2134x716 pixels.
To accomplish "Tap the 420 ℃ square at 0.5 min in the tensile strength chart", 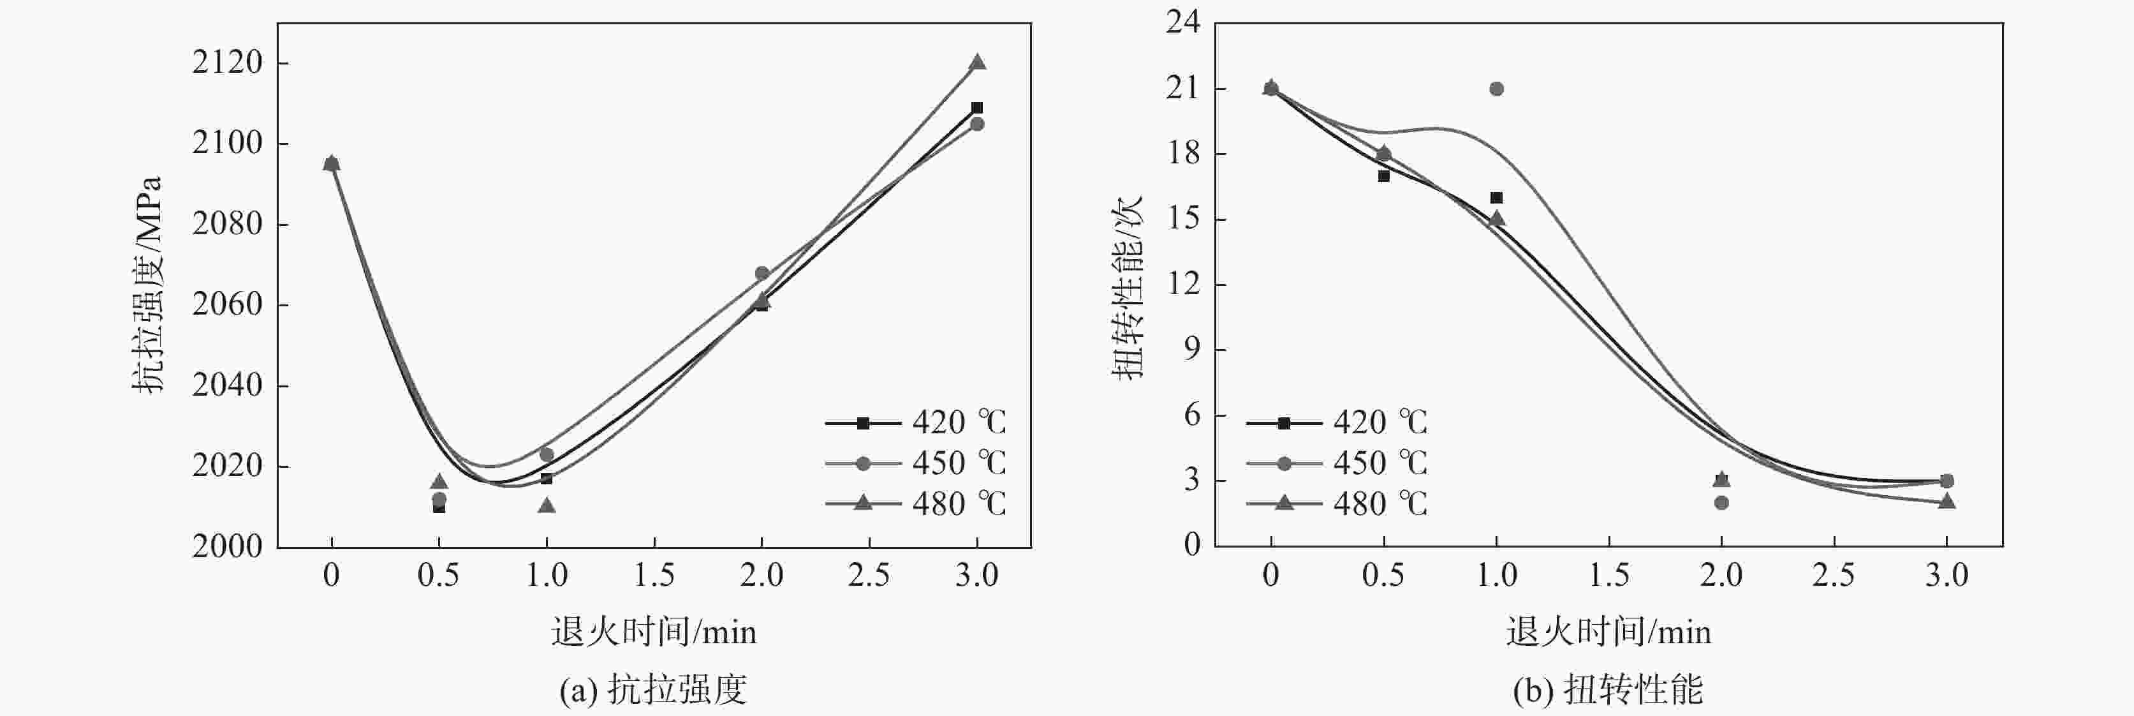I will (439, 507).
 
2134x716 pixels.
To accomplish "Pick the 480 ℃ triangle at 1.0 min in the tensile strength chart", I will (547, 505).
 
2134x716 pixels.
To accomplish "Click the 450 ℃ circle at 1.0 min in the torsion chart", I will (1496, 89).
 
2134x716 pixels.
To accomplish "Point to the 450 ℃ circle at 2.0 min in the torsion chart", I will (1721, 502).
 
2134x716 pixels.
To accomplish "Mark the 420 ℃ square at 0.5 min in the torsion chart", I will (1383, 175).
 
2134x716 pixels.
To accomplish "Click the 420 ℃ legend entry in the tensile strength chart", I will (915, 422).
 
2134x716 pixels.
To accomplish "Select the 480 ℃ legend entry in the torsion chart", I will (1336, 503).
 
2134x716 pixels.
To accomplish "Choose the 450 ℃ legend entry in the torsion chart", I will (1336, 463).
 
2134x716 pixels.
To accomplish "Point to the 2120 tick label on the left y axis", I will (227, 63).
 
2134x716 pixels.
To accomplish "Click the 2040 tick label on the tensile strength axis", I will (227, 385).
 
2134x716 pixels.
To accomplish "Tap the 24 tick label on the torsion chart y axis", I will (1183, 22).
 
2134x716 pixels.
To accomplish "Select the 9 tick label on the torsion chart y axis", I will (1191, 350).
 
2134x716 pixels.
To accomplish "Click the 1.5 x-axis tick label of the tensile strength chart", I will (654, 575).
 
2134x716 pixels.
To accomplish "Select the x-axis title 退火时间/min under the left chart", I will (654, 632).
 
